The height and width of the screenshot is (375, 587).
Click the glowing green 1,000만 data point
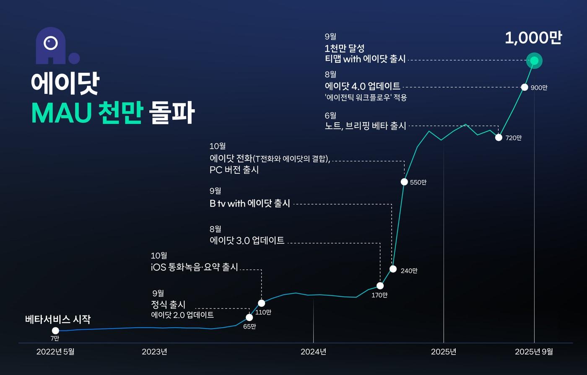(x=534, y=61)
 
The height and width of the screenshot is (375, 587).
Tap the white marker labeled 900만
(x=525, y=87)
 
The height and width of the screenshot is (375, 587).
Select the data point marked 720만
(x=499, y=137)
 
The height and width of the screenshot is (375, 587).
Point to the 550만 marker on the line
(x=404, y=182)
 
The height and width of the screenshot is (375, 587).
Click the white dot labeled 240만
(x=393, y=269)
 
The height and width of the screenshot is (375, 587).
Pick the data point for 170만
(x=380, y=286)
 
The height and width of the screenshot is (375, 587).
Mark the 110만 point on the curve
(x=261, y=303)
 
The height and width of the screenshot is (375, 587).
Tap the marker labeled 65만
(x=249, y=317)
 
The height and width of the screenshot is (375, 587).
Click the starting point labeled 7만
(x=55, y=331)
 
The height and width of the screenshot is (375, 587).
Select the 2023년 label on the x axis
(x=154, y=352)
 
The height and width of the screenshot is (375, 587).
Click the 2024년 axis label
(x=313, y=352)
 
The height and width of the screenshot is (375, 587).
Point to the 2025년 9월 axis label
(x=534, y=352)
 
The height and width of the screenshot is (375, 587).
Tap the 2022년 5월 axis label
(x=55, y=352)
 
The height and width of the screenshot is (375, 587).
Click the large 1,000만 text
(x=533, y=38)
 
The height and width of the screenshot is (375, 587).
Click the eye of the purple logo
(x=51, y=42)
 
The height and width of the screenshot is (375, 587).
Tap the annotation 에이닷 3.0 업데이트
(x=247, y=241)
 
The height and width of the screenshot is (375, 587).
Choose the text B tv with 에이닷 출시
(x=250, y=204)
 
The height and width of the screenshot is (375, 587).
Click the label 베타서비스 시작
(x=58, y=319)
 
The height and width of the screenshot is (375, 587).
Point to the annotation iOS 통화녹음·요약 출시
(x=195, y=267)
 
